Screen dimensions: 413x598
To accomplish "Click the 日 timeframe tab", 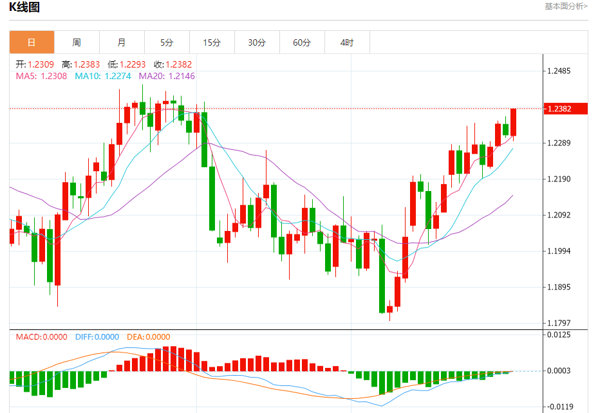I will click(32, 42).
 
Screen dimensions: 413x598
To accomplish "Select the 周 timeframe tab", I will click(77, 42).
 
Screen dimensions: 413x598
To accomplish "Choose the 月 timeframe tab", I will click(122, 42).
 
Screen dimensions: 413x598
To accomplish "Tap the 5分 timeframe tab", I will click(167, 42).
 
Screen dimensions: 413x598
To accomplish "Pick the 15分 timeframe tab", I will click(212, 42).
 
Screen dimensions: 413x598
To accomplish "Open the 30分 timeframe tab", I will click(257, 42).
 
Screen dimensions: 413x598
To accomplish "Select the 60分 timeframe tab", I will click(302, 42).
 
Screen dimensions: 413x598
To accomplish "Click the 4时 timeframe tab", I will click(347, 42).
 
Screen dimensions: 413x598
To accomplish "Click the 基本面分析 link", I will click(566, 6).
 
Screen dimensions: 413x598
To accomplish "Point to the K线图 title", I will click(25, 8).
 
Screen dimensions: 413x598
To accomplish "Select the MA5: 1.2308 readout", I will click(41, 76).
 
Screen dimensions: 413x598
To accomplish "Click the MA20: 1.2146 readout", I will click(167, 76).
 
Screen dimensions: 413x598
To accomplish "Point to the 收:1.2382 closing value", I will click(173, 64).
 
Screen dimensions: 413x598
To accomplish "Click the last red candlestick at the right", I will click(513, 122).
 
